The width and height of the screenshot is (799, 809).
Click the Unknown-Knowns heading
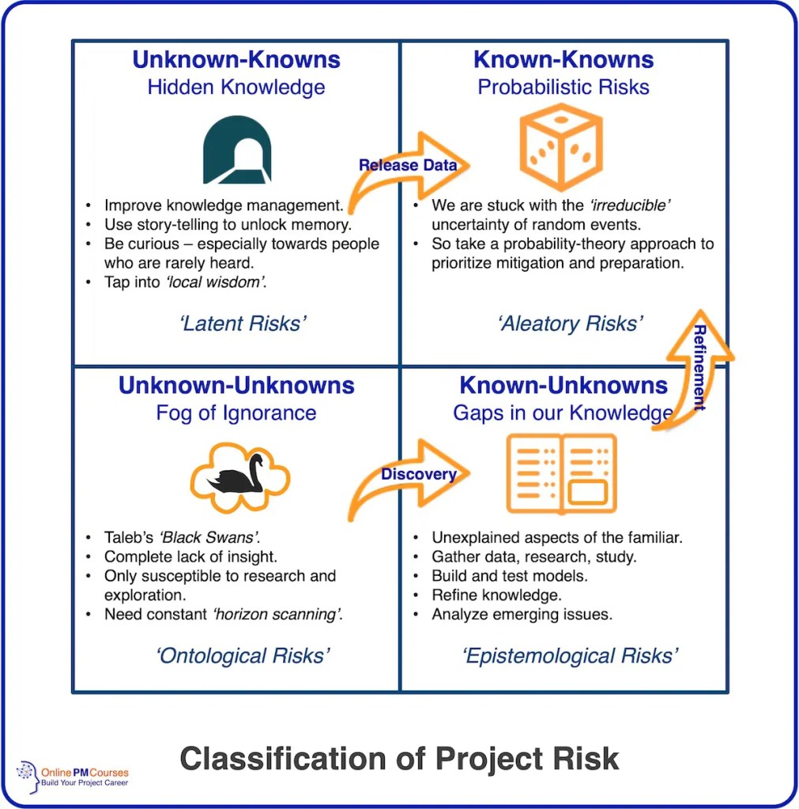click(x=236, y=59)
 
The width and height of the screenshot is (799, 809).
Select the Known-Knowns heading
click(x=563, y=59)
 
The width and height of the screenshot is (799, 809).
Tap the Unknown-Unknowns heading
click(x=236, y=386)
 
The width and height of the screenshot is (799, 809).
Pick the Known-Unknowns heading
click(x=563, y=386)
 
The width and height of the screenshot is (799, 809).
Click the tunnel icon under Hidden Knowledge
click(x=236, y=149)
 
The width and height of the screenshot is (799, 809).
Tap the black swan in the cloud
click(x=239, y=476)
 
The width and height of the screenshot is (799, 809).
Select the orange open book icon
click(x=561, y=473)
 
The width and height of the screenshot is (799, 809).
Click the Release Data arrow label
click(x=407, y=165)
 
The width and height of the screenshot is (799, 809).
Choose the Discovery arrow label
click(x=418, y=474)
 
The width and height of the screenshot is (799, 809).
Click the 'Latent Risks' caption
click(x=241, y=324)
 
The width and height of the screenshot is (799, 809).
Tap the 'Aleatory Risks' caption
click(x=570, y=324)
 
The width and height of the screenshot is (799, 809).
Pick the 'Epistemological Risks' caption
click(x=570, y=656)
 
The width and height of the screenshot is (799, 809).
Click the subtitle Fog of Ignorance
click(x=236, y=413)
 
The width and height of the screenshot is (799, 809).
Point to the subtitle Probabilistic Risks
click(x=563, y=87)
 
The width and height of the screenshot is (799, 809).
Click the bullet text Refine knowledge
click(x=496, y=595)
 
